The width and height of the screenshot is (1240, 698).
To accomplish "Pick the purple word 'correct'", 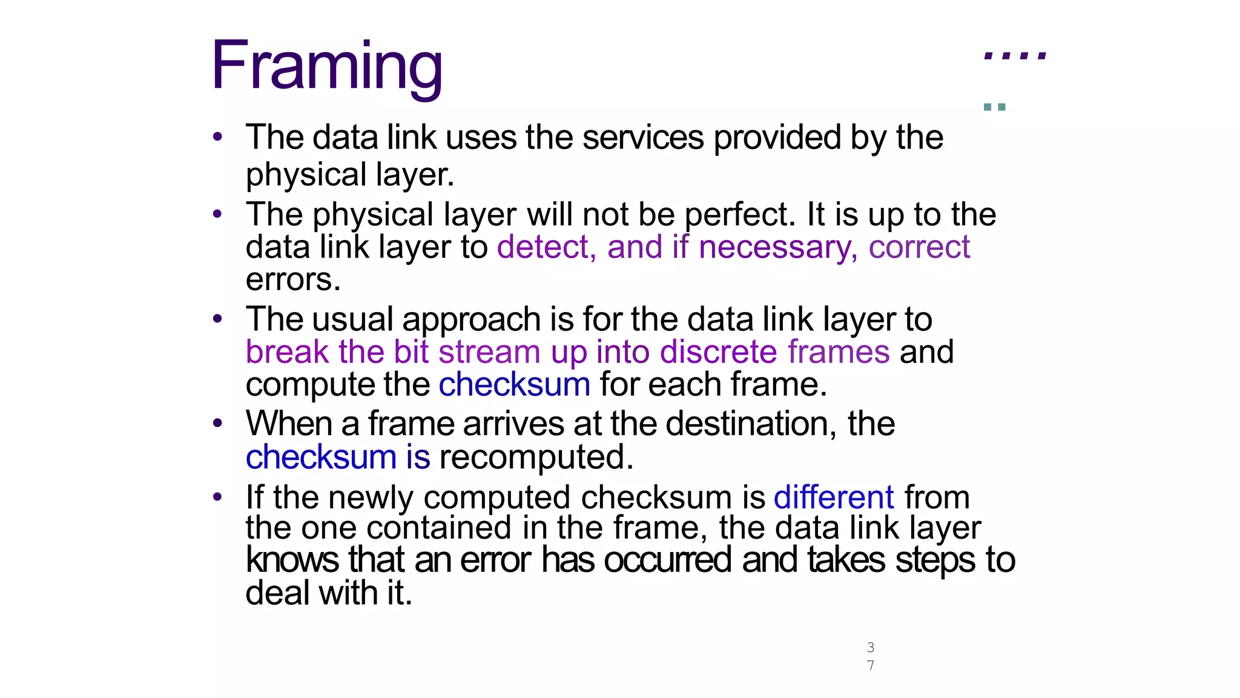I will [919, 247].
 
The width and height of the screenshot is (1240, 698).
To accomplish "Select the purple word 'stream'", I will [489, 352].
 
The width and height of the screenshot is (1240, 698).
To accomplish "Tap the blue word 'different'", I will [834, 497].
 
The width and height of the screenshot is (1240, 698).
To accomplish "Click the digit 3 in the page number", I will [870, 647].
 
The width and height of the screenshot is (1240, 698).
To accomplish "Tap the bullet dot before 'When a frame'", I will [217, 424].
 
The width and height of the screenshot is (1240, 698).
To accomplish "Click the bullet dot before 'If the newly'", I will [217, 497].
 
